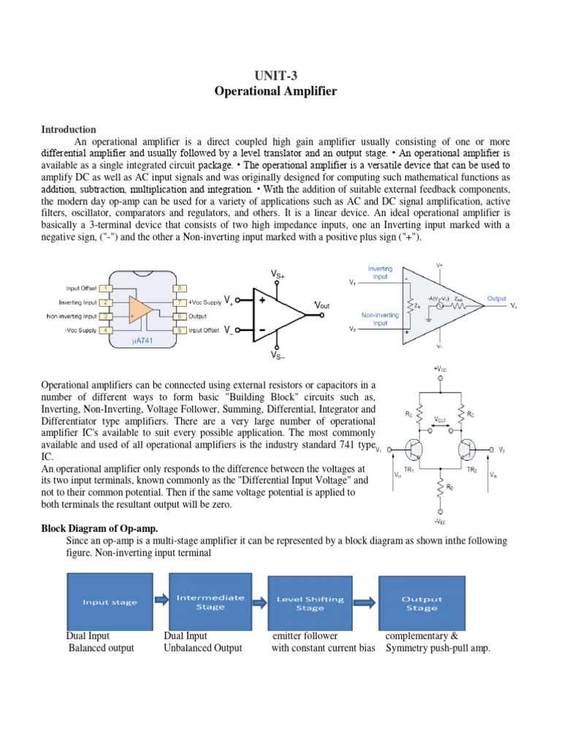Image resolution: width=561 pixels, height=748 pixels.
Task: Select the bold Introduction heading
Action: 69,129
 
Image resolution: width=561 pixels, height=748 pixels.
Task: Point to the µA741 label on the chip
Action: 142,341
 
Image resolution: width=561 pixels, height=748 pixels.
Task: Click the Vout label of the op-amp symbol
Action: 321,305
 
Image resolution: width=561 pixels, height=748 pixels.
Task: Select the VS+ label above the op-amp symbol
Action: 278,274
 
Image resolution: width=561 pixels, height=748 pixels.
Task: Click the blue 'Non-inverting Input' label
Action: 380,318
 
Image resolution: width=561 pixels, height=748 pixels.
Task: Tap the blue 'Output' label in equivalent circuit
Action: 497,299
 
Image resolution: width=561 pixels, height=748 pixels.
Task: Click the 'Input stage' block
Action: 110,603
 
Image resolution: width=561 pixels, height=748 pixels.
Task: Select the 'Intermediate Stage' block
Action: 211,602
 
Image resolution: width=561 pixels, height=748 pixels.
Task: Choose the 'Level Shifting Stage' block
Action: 310,603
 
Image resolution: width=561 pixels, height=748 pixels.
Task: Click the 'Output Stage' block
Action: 421,603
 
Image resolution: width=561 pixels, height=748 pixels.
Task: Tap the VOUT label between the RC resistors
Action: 441,419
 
